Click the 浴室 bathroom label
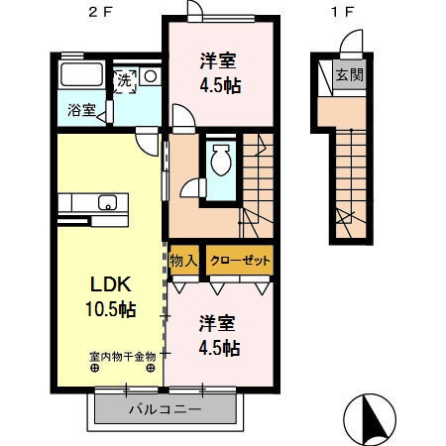[x=81, y=110]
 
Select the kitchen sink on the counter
[x=109, y=205]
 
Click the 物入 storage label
[x=184, y=260]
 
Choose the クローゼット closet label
[x=239, y=260]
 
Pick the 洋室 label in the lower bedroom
[x=216, y=323]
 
